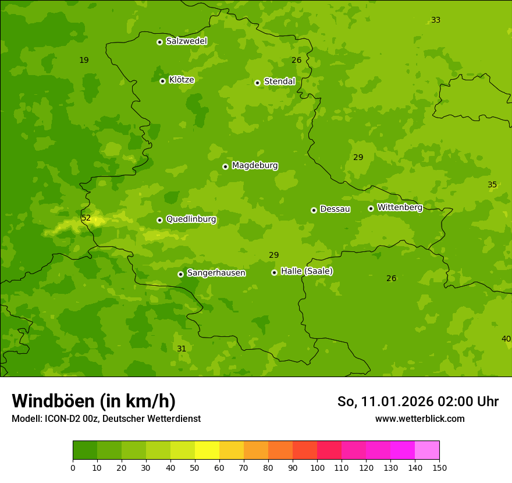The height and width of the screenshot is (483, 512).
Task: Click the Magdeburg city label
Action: (255, 166)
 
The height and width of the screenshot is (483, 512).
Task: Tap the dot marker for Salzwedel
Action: (159, 42)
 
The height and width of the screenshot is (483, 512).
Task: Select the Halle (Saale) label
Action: (307, 271)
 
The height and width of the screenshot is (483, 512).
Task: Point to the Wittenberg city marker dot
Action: (371, 208)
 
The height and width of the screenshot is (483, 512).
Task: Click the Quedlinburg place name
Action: (191, 219)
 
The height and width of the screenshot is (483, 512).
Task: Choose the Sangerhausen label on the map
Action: (216, 273)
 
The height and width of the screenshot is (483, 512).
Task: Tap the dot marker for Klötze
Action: (162, 81)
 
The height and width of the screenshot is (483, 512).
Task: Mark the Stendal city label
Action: (279, 81)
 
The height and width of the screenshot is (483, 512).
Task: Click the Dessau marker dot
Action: (314, 210)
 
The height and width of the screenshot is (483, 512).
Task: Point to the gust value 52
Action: (86, 218)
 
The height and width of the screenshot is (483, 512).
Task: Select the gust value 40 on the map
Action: (506, 339)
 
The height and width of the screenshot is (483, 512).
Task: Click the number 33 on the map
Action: (435, 20)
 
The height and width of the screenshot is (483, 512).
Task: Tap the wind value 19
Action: (84, 60)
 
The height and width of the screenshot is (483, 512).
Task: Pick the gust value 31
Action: (182, 349)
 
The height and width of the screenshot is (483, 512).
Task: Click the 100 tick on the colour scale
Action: (317, 467)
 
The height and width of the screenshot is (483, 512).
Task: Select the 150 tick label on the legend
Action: (439, 467)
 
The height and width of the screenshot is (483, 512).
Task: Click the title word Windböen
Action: (52, 401)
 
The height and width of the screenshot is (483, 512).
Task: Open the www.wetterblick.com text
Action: (419, 418)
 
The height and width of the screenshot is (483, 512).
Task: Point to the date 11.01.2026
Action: (396, 402)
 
